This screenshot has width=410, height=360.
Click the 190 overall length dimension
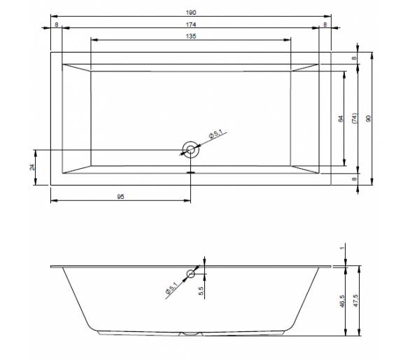pyautogui.click(x=191, y=13)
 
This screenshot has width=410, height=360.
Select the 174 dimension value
pyautogui.click(x=191, y=25)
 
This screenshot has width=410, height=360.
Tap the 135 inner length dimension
pyautogui.click(x=191, y=36)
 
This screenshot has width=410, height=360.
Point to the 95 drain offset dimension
pyautogui.click(x=120, y=197)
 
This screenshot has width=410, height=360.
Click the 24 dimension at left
pyautogui.click(x=32, y=167)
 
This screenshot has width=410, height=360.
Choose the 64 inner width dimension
pyautogui.click(x=341, y=118)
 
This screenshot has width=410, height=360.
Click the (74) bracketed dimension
pyautogui.click(x=355, y=118)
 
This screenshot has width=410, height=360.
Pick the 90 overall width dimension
pyautogui.click(x=369, y=118)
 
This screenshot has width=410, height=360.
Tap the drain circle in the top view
pyautogui.click(x=190, y=150)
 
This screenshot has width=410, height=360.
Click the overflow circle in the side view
pyautogui.click(x=190, y=274)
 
